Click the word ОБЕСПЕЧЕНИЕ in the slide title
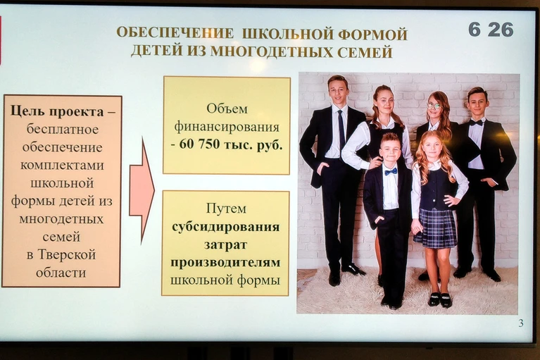pyautogui.click(x=175, y=33)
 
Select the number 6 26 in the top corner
pyautogui.click(x=491, y=30)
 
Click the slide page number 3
pyautogui.click(x=521, y=323)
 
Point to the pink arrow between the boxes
pyautogui.click(x=142, y=190)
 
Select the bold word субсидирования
pyautogui.click(x=225, y=227)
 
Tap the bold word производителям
pyautogui.click(x=225, y=263)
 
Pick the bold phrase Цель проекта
pyautogui.click(x=57, y=111)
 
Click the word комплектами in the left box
pyautogui.click(x=62, y=166)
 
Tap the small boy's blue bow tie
pyautogui.click(x=391, y=171)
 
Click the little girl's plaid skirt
pyautogui.click(x=435, y=228)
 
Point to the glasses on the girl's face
pyautogui.click(x=434, y=106)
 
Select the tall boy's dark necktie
pyautogui.click(x=341, y=130)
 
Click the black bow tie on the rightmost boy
pyautogui.click(x=476, y=123)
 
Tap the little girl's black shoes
pyautogui.click(x=440, y=299)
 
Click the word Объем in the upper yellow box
pyautogui.click(x=227, y=109)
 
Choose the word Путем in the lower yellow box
pyautogui.click(x=226, y=209)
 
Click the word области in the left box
pyautogui.click(x=61, y=273)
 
